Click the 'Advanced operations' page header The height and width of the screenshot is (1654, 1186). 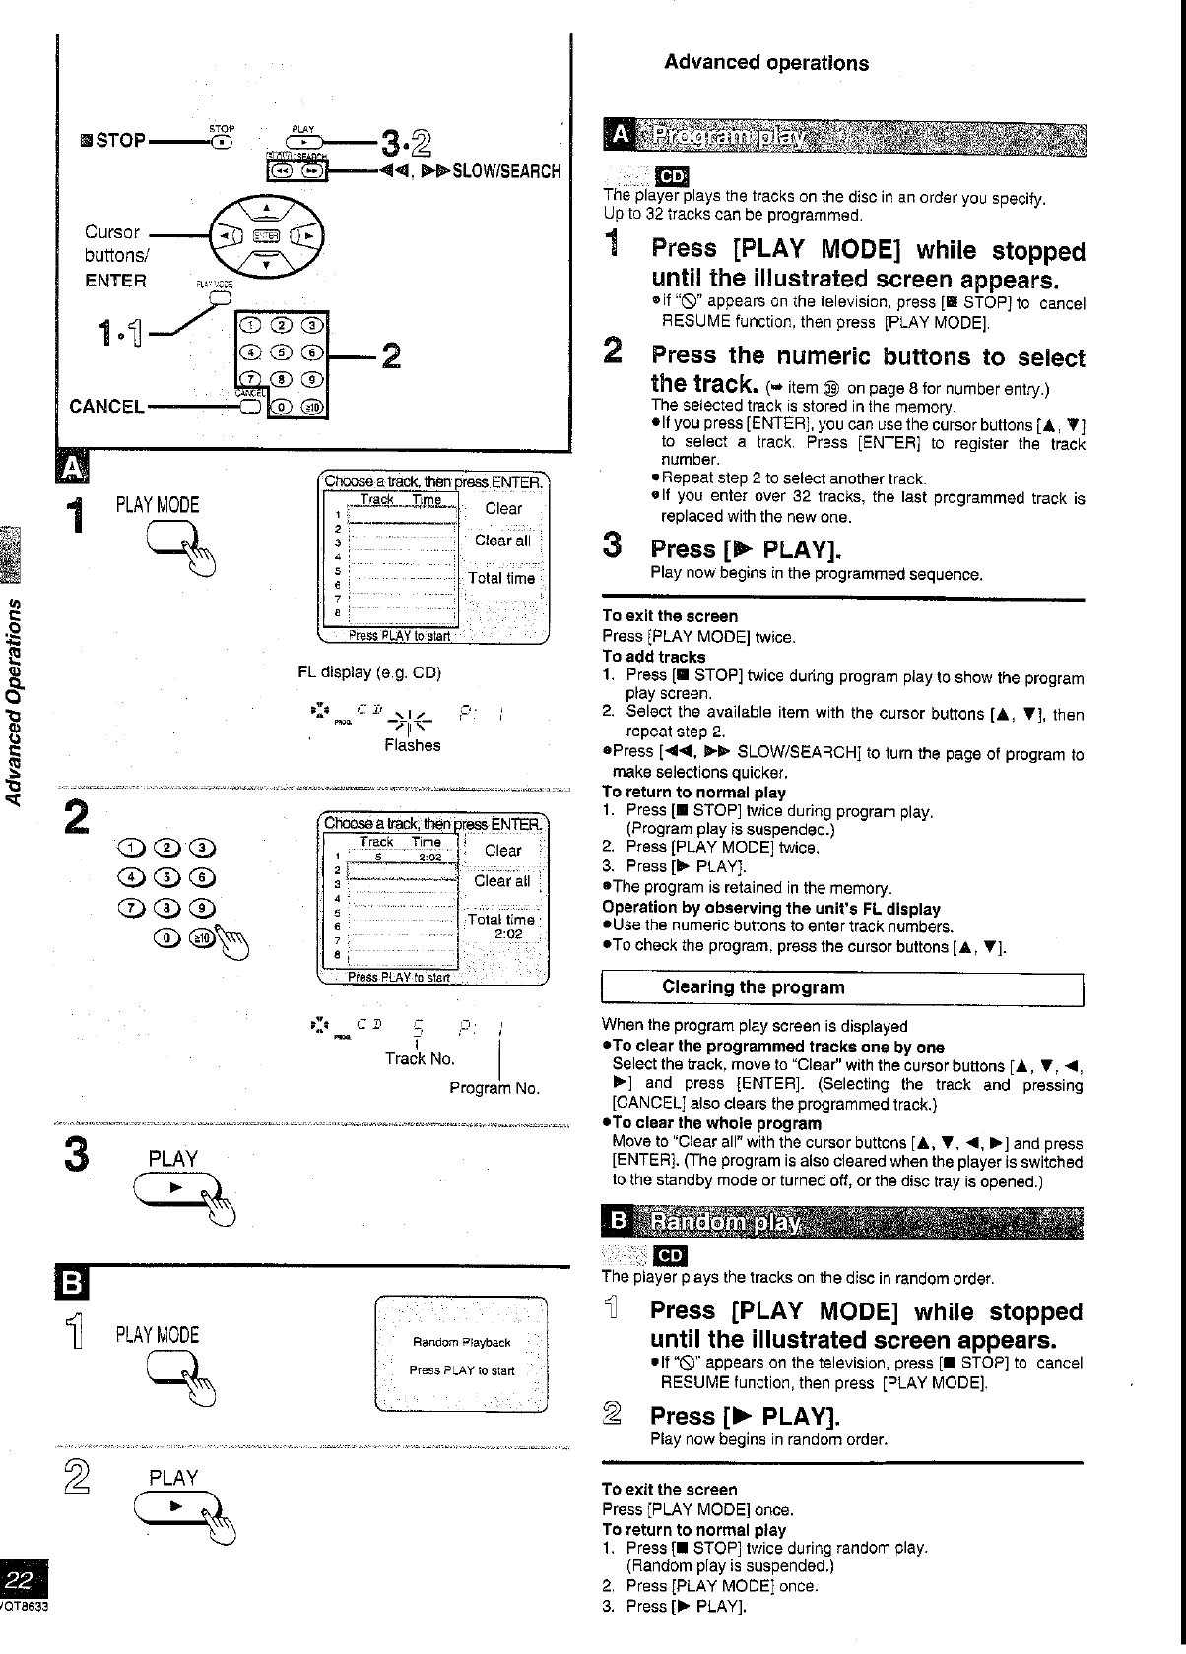[x=765, y=63]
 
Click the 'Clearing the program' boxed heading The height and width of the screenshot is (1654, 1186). [x=753, y=987]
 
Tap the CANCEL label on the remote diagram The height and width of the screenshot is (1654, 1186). [x=107, y=406]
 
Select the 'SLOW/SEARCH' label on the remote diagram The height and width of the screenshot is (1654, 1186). [x=505, y=171]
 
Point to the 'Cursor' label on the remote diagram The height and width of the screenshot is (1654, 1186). [x=112, y=232]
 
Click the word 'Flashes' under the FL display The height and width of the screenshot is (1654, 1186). [x=412, y=745]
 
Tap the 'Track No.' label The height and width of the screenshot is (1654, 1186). [x=420, y=1058]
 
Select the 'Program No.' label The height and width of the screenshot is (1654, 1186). [x=494, y=1088]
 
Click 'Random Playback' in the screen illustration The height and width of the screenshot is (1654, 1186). [x=461, y=1342]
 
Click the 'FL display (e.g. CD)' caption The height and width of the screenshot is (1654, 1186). [x=368, y=673]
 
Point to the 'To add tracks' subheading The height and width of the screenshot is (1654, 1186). [x=653, y=657]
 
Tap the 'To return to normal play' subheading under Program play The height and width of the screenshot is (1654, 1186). [x=692, y=792]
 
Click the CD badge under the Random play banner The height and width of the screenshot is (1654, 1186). [x=670, y=1256]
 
